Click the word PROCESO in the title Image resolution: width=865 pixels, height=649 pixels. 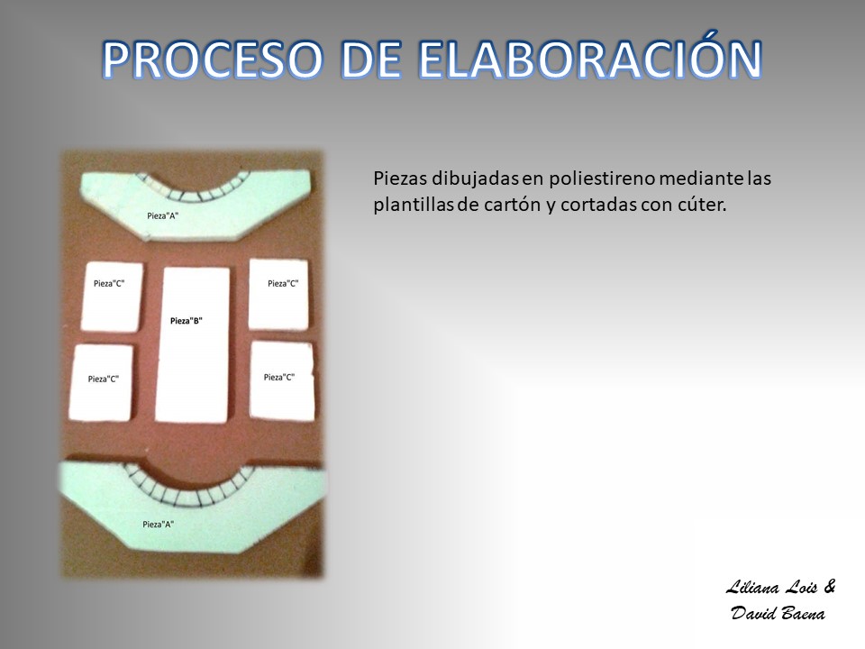tap(213, 59)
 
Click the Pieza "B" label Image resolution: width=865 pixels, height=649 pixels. tap(186, 321)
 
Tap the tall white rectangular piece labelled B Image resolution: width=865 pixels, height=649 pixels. tap(193, 344)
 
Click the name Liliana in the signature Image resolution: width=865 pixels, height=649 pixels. tap(752, 587)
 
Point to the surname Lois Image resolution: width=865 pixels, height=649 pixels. tap(800, 587)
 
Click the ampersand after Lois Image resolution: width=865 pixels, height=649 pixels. tap(829, 586)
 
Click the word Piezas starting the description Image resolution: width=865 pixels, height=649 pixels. tap(400, 178)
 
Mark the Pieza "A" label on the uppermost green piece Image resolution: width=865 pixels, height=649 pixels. tap(163, 215)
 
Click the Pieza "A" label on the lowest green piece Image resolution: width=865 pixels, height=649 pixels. tap(159, 525)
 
